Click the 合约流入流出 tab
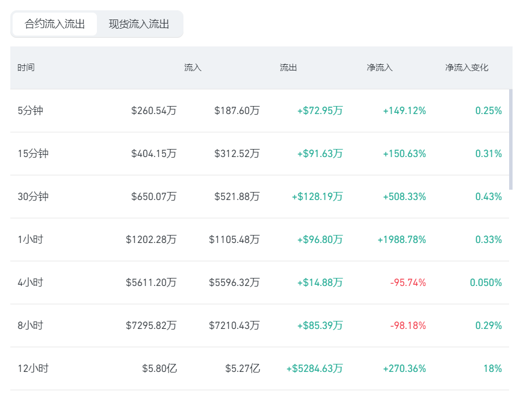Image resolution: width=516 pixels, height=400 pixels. pyautogui.click(x=54, y=24)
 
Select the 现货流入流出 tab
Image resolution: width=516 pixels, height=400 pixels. pyautogui.click(x=139, y=24)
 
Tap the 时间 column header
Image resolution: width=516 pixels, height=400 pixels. pyautogui.click(x=26, y=68)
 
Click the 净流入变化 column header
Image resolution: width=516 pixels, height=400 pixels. pyautogui.click(x=467, y=68)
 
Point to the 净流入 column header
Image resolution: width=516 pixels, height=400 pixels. pyautogui.click(x=380, y=68)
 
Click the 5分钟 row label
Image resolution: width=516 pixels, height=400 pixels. pyautogui.click(x=30, y=111)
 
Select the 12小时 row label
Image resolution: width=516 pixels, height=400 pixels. pyautogui.click(x=33, y=368)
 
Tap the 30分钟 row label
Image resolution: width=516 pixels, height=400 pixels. pyautogui.click(x=33, y=197)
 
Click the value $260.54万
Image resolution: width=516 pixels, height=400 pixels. pyautogui.click(x=154, y=111)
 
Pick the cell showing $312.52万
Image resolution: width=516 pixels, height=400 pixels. pyautogui.click(x=237, y=154)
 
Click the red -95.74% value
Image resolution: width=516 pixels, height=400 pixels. pyautogui.click(x=408, y=283)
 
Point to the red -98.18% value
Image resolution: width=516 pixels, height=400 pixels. pyautogui.click(x=408, y=326)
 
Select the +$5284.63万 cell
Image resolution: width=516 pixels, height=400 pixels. pyautogui.click(x=315, y=368)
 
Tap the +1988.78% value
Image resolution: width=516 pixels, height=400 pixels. pyautogui.click(x=402, y=240)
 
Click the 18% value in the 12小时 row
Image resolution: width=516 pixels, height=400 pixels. pyautogui.click(x=492, y=368)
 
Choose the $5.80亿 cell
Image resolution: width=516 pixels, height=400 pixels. pyautogui.click(x=159, y=368)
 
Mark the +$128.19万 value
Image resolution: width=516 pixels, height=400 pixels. pyautogui.click(x=317, y=197)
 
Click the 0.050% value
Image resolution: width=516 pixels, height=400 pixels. pyautogui.click(x=486, y=283)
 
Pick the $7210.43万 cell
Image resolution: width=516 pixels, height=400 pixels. pyautogui.click(x=234, y=326)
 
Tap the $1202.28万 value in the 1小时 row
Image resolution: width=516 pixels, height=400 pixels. pyautogui.click(x=151, y=240)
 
